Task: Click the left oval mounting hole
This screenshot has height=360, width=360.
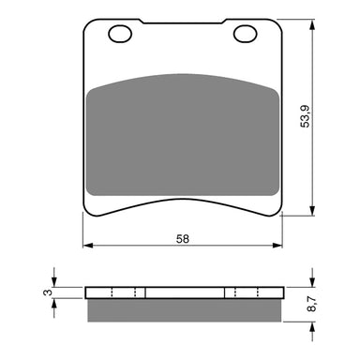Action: pos(119,36)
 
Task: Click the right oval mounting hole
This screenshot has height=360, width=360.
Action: pos(245,36)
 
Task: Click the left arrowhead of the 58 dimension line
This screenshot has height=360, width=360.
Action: pos(87,247)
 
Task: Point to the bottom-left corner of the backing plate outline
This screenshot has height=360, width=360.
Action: pos(86,215)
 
